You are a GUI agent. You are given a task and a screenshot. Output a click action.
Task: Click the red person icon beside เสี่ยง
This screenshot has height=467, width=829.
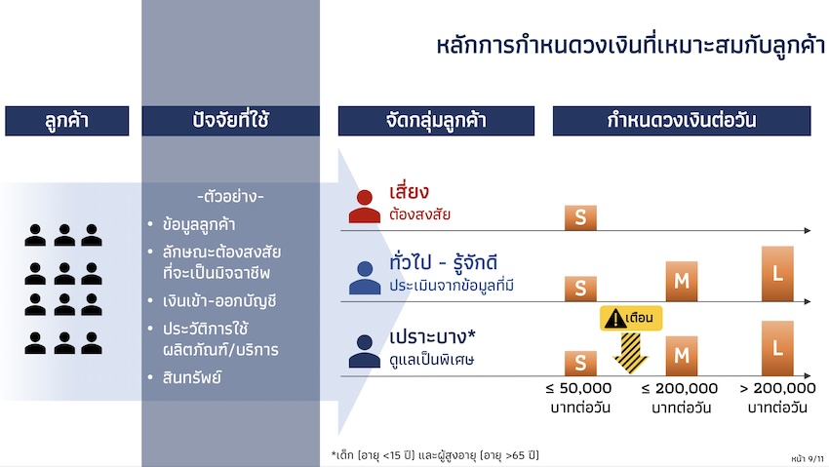click(x=365, y=206)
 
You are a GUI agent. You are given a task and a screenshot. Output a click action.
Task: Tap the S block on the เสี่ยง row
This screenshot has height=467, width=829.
click(x=580, y=217)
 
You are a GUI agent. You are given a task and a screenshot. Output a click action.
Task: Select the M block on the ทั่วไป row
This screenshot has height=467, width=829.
click(x=682, y=281)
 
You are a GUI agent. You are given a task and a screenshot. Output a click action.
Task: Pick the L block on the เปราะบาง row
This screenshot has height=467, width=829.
click(x=777, y=348)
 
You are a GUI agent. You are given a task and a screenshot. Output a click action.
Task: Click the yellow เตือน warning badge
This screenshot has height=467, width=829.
click(x=631, y=318)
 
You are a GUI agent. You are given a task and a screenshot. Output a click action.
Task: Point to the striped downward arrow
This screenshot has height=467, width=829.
click(x=630, y=353)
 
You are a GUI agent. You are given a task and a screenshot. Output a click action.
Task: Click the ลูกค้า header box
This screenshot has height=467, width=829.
click(x=66, y=121)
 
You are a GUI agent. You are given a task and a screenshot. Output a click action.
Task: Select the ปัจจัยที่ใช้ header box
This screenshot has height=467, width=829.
click(x=230, y=121)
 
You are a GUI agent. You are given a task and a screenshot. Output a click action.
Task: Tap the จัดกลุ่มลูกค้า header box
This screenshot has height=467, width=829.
click(x=436, y=121)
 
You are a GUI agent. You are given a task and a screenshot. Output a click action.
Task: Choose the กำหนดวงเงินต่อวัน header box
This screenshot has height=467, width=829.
click(x=682, y=121)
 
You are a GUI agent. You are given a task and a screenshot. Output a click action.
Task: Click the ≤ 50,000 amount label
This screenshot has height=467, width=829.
click(x=579, y=388)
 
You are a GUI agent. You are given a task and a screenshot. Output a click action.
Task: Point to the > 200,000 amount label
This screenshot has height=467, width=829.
click(x=777, y=388)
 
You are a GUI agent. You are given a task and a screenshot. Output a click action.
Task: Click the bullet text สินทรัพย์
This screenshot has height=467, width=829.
click(x=192, y=377)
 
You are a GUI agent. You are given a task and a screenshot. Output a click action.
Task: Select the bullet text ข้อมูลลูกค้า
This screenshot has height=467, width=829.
click(x=199, y=224)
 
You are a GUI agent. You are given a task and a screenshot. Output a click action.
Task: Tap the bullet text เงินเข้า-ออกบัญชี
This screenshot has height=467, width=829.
click(x=219, y=301)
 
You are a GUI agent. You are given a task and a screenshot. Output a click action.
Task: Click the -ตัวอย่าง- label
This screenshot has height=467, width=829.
click(x=230, y=197)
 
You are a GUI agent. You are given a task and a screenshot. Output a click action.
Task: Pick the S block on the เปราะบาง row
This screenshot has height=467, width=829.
click(x=580, y=363)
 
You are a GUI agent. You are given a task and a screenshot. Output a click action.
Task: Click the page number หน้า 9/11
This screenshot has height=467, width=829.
click(x=808, y=458)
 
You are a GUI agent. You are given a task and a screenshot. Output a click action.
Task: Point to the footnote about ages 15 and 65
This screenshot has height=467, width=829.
click(x=435, y=455)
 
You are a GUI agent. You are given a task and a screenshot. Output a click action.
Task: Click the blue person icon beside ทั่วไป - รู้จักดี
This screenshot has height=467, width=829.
click(x=365, y=278)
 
